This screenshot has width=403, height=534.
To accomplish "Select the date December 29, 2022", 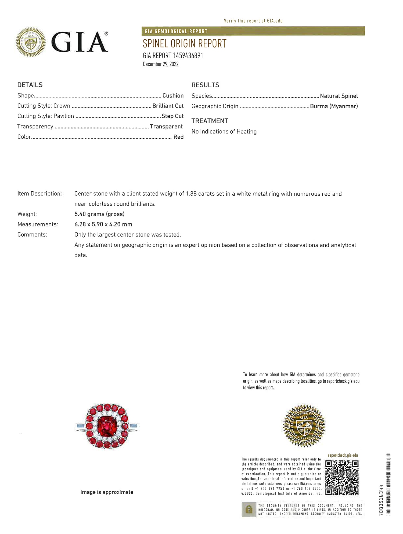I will pyautogui.click(x=161, y=64).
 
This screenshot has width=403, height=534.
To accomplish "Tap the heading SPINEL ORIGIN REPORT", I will pyautogui.click(x=185, y=44).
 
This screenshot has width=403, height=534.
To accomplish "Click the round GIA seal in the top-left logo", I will pyautogui.click(x=31, y=42).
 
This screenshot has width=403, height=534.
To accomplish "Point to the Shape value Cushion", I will pyautogui.click(x=173, y=96).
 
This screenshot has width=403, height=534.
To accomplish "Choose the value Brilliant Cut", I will pyautogui.click(x=168, y=106).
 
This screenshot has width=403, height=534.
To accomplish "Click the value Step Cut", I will pyautogui.click(x=172, y=116).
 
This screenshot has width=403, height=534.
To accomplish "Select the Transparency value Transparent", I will pyautogui.click(x=166, y=127).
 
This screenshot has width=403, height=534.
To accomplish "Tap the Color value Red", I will pyautogui.click(x=178, y=137).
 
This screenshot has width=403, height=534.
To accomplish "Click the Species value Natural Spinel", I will pyautogui.click(x=339, y=96).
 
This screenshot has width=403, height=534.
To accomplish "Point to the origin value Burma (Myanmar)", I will pyautogui.click(x=334, y=106).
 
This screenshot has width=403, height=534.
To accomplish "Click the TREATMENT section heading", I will pyautogui.click(x=210, y=121).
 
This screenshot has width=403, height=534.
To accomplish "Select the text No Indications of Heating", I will pyautogui.click(x=224, y=132).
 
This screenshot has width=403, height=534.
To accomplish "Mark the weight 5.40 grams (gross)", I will pyautogui.click(x=99, y=214).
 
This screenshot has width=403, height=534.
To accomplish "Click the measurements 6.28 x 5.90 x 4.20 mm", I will pyautogui.click(x=103, y=224).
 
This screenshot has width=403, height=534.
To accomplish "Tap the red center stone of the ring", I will pyautogui.click(x=107, y=426).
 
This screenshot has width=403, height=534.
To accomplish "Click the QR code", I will pyautogui.click(x=342, y=478).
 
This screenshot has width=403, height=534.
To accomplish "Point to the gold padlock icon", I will pyautogui.click(x=249, y=509).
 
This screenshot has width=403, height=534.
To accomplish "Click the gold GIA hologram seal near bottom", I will pyautogui.click(x=304, y=426).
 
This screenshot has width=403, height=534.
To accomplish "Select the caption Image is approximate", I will pyautogui.click(x=107, y=492).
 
